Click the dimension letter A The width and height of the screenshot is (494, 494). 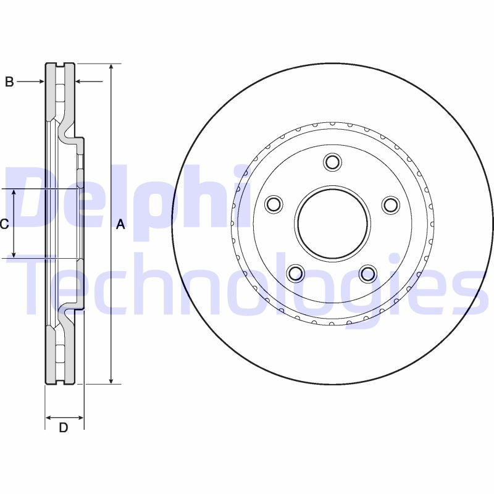click(121, 225)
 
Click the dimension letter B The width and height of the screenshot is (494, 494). click(9, 82)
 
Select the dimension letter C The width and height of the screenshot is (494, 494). click(4, 224)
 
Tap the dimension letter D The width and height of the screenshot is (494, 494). click(63, 427)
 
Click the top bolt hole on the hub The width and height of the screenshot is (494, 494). click(333, 162)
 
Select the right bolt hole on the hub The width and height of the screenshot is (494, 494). click(391, 204)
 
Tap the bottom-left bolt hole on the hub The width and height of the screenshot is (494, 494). click(296, 273)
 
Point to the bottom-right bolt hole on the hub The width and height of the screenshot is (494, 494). click(368, 273)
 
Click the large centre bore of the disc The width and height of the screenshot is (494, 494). click(333, 223)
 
